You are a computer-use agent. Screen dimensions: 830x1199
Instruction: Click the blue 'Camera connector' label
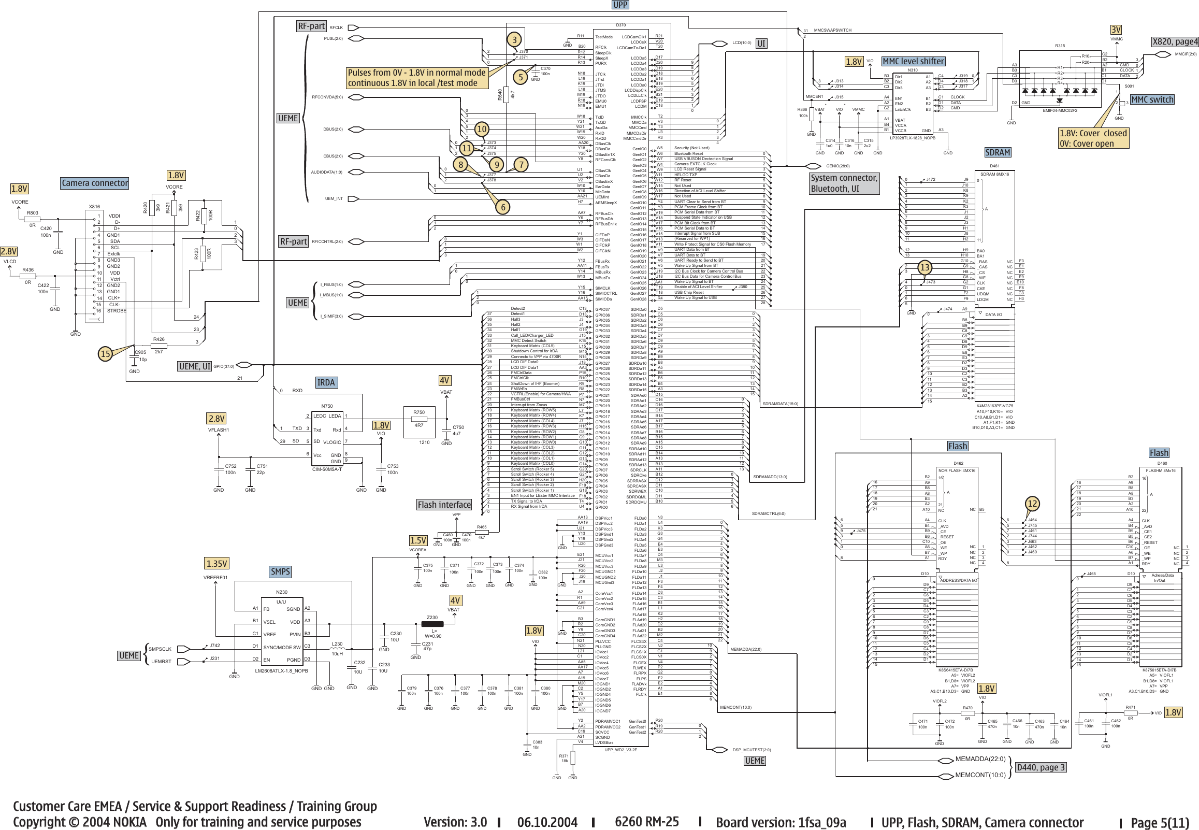95,183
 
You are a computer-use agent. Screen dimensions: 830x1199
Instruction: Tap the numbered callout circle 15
106,354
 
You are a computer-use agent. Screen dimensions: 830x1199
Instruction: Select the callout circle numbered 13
924,268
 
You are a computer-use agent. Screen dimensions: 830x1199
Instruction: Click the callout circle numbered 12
1032,504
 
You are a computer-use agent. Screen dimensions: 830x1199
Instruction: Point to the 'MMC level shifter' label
913,61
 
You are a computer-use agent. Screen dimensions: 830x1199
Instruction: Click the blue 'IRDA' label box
326,383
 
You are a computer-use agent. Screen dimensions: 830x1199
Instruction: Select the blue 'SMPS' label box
280,571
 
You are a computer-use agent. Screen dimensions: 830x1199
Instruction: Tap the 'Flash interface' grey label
444,505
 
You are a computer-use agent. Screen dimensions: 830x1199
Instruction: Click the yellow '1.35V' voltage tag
217,564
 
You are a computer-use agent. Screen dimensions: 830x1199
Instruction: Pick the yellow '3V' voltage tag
1116,30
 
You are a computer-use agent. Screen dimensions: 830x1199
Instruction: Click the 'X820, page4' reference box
1175,41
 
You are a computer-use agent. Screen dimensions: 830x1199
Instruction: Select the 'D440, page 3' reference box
1040,767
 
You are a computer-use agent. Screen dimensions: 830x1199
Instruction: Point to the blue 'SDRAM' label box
998,152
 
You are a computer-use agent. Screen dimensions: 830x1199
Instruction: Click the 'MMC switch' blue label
1152,99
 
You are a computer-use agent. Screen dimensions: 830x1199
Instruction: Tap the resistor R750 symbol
419,419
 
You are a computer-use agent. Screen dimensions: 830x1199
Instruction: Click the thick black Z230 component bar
432,624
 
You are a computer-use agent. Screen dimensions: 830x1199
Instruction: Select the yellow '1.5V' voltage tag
418,540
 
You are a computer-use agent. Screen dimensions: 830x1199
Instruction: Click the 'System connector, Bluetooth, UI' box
844,183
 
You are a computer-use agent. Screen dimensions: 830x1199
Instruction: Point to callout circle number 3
514,39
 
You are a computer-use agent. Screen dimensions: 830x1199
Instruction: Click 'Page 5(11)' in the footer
1160,822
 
